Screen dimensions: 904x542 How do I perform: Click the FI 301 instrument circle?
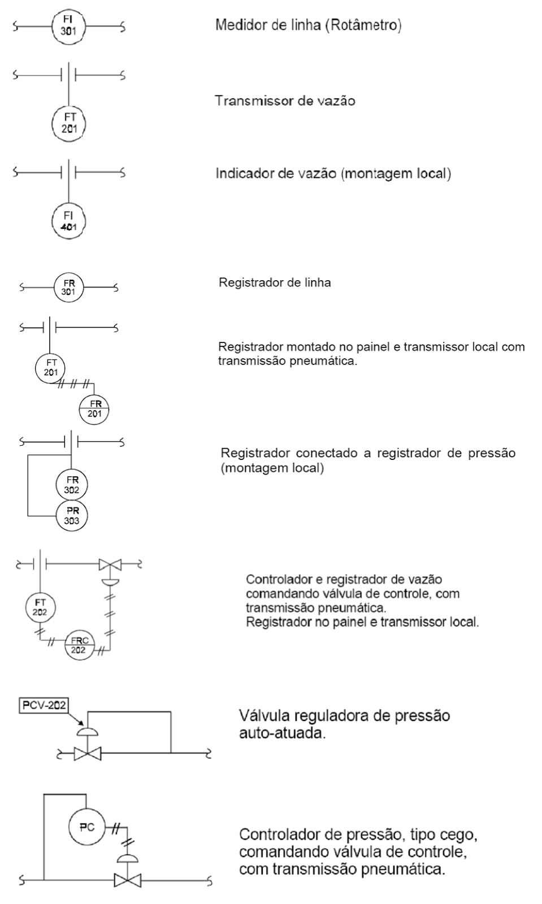point(68,25)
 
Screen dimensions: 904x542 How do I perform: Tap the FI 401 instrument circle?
point(68,220)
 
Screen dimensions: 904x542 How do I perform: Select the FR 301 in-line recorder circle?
point(69,288)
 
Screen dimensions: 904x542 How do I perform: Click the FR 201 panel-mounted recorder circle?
point(93,408)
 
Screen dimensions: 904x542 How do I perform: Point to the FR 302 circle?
point(72,485)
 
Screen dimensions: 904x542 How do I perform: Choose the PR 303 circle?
point(72,515)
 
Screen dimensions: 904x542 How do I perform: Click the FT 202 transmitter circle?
point(41,607)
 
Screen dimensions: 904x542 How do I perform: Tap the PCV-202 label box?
point(44,705)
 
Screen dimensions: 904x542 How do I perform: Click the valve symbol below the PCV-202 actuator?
point(88,753)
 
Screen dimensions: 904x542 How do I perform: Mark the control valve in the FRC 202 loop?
point(110,564)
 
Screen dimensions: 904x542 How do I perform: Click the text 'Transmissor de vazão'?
point(285,101)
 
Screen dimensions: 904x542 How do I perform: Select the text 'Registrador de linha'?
point(275,282)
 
